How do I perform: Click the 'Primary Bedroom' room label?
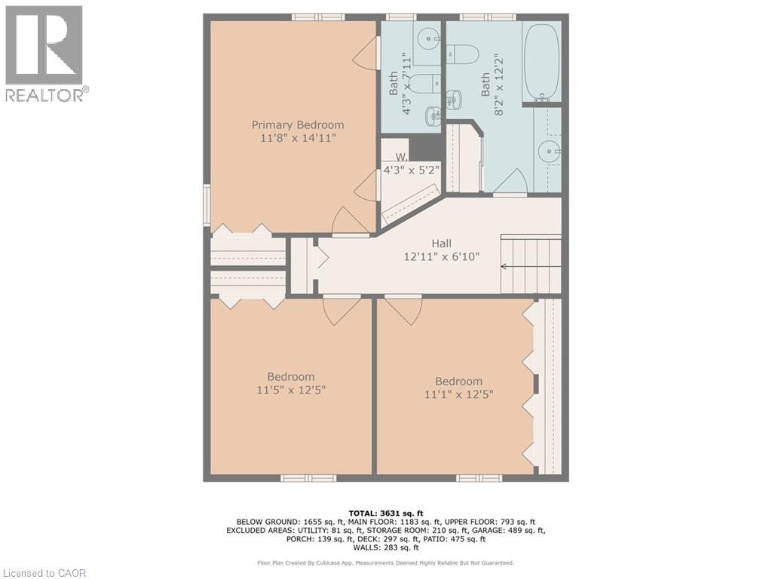297,125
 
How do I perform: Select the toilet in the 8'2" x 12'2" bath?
463,54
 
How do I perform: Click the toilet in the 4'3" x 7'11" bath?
424,83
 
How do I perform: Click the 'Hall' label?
441,244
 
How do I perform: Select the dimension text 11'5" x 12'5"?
291,391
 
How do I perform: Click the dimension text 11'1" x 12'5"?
459,394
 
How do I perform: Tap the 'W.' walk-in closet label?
401,157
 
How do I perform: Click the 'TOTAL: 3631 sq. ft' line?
385,513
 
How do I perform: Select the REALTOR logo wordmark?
47,94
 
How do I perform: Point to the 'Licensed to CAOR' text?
43,573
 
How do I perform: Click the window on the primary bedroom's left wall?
207,205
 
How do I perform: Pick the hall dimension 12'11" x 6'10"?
441,256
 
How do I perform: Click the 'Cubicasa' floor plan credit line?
385,562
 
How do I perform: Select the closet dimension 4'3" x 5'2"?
412,170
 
